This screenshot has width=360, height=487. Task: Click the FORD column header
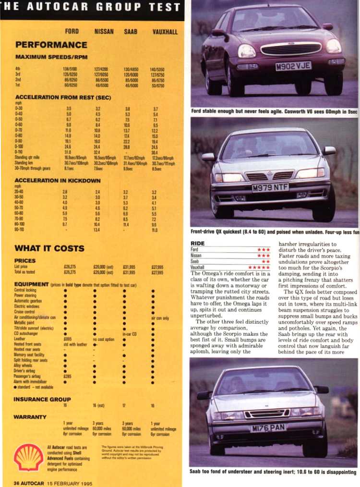(72, 32)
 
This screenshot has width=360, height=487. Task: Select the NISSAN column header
(104, 32)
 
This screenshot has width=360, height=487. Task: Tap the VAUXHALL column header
(165, 32)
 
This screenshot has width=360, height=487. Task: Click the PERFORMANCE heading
(51, 45)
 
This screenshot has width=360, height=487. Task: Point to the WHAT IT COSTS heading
(49, 248)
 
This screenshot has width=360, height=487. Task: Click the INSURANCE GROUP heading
(42, 399)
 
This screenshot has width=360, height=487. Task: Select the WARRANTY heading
(30, 416)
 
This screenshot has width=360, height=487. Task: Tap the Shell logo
(28, 457)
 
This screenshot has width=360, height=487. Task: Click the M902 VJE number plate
(293, 66)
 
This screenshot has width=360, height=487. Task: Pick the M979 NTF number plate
(270, 187)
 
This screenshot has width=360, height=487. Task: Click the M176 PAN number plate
(268, 427)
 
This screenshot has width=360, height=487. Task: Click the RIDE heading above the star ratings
(198, 243)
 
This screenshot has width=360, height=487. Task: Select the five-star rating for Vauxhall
(259, 267)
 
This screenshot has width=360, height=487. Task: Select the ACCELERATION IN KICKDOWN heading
(58, 181)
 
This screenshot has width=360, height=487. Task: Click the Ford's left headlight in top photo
(247, 50)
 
